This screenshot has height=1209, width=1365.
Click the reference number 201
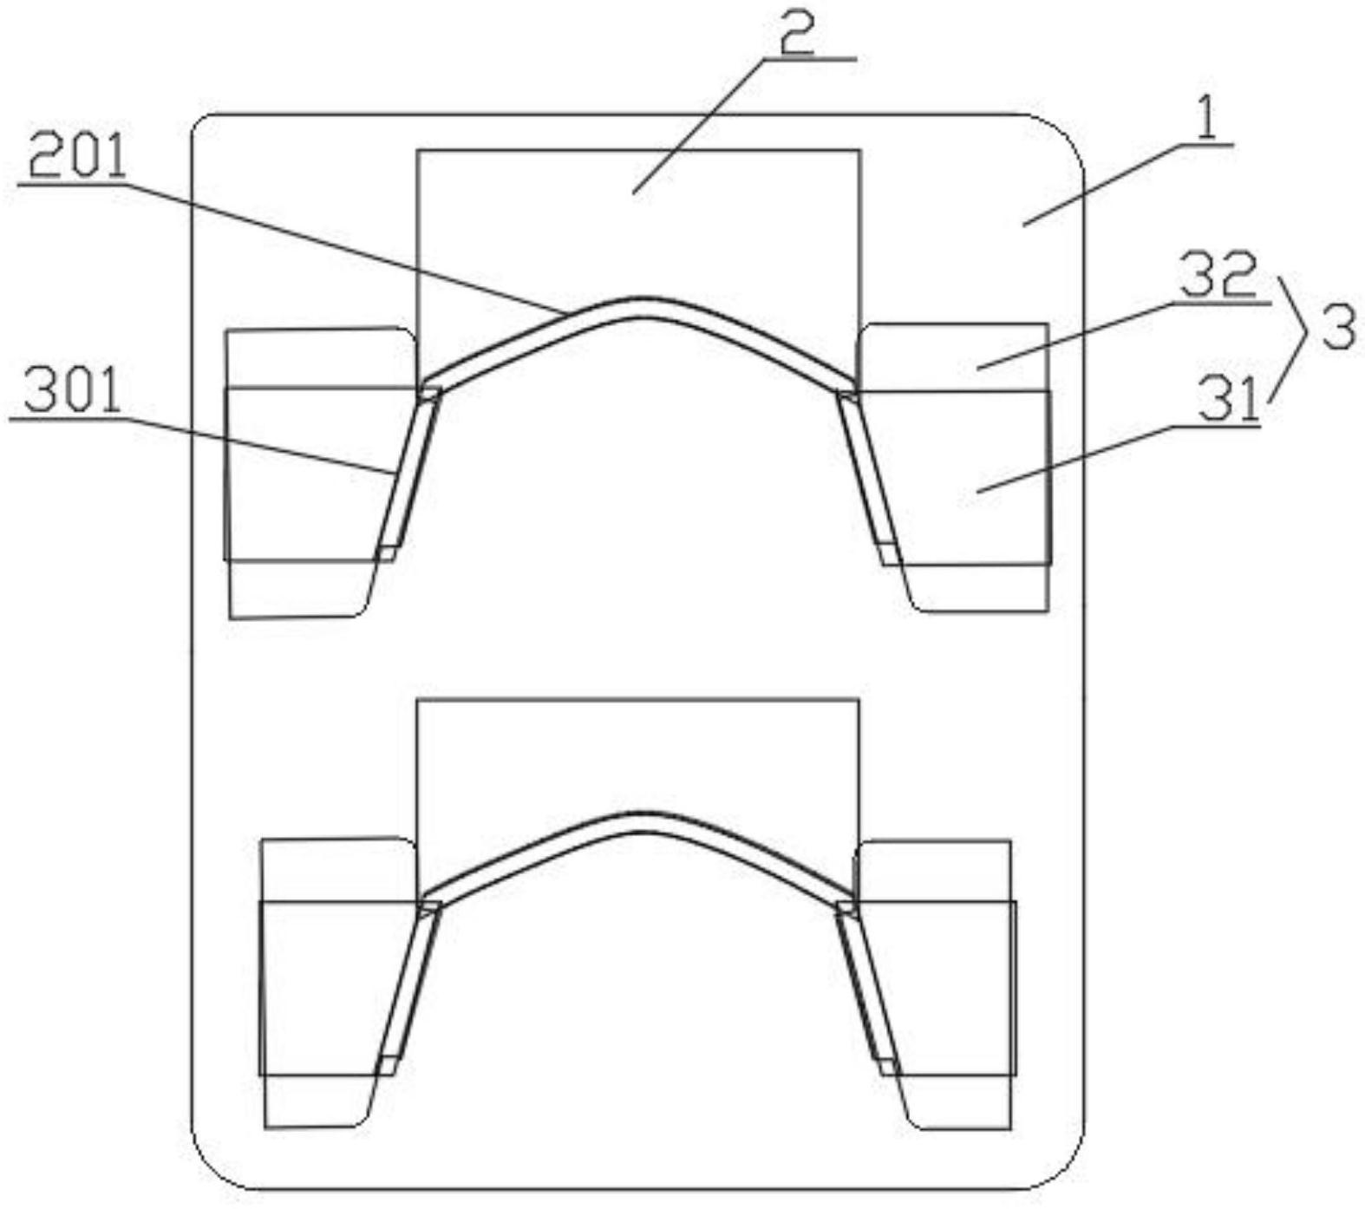pyautogui.click(x=77, y=157)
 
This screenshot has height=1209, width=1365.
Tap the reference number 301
pyautogui.click(x=73, y=393)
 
